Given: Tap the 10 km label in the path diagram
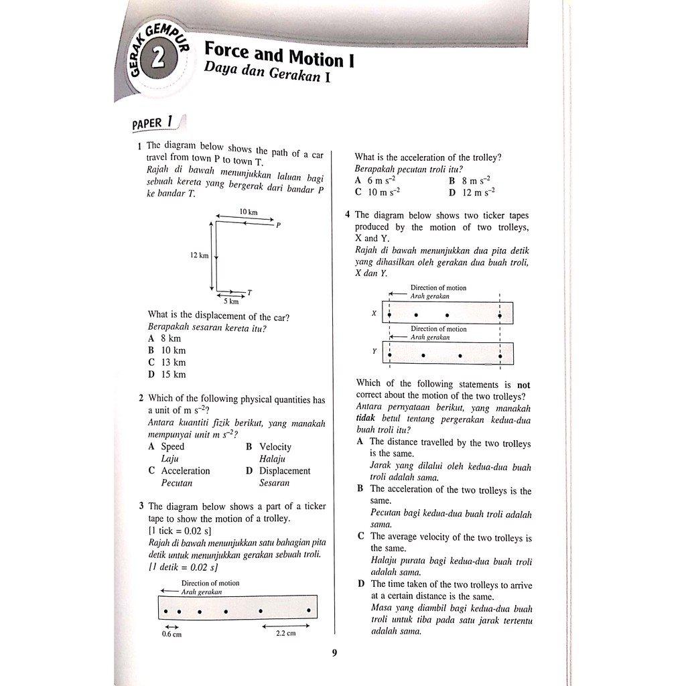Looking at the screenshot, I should coord(248,212).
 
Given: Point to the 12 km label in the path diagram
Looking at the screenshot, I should coord(199,255).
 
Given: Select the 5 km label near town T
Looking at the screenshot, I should coord(230,301).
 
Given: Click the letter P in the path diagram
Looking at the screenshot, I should coord(278,225).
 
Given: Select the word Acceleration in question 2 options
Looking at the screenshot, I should coord(186,471).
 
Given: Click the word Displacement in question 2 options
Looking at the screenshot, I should coord(285,471).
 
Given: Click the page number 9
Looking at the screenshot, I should coord(334,654).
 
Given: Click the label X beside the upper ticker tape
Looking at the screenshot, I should coord(374,313).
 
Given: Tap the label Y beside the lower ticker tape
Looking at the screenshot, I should coord(374,351).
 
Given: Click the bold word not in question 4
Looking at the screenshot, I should coord(524,385).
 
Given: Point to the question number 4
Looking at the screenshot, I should coord(348,215).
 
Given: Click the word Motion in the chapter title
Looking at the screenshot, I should coord(314,58).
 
